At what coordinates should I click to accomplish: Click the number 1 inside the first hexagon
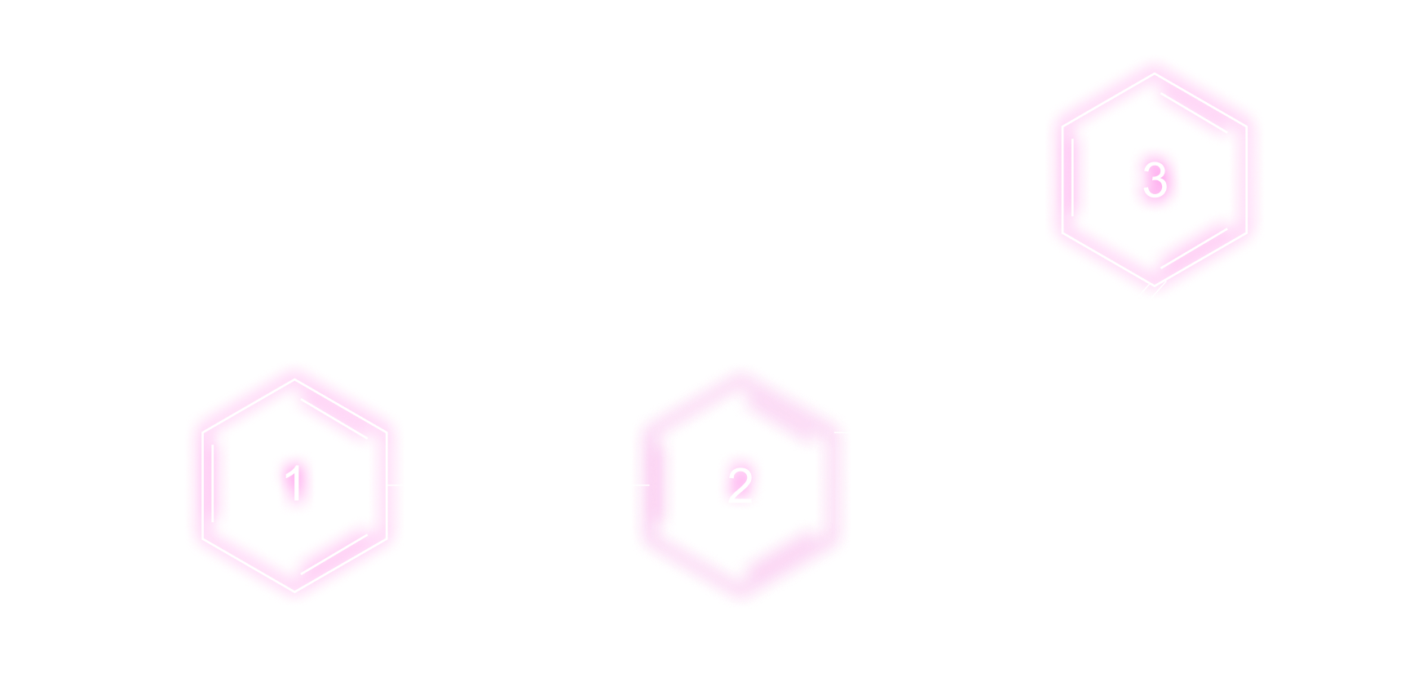tap(294, 481)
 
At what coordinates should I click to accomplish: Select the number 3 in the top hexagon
tap(1155, 179)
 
